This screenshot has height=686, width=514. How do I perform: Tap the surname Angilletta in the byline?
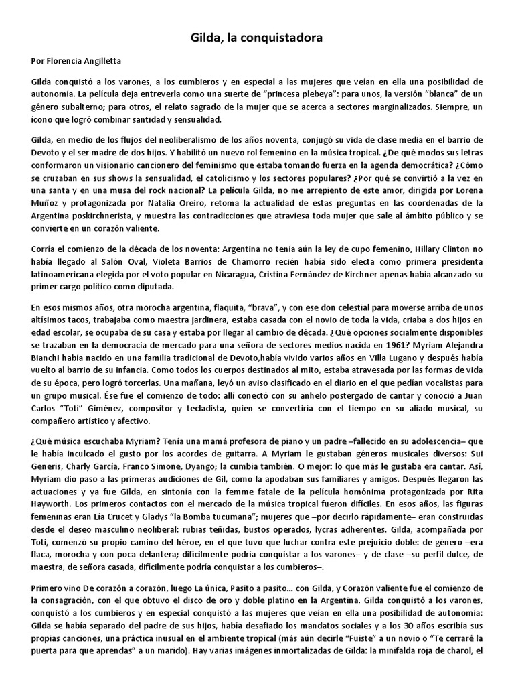102,62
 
